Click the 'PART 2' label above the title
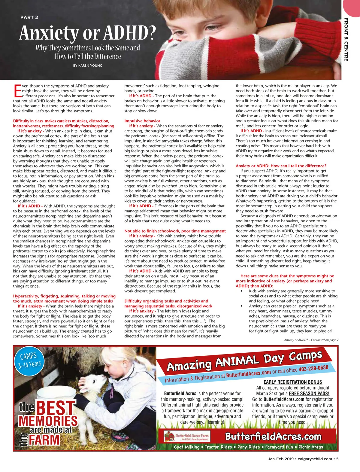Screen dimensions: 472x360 point(29,17)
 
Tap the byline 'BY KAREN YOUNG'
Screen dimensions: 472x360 point(88,65)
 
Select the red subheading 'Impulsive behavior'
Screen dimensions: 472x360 point(142,121)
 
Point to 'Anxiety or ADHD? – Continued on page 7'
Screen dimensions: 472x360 point(311,340)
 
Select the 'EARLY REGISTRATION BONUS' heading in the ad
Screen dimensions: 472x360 point(292,382)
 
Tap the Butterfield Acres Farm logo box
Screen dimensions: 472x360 point(187,436)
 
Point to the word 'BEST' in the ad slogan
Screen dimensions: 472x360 point(56,408)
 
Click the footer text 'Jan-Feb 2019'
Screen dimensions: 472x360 point(280,459)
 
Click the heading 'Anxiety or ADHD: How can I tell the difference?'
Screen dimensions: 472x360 point(281,166)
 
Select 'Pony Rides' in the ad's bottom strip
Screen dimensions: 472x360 point(248,447)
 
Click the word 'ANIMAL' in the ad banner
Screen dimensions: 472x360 point(237,361)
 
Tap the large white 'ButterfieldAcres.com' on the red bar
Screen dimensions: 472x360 point(273,436)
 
